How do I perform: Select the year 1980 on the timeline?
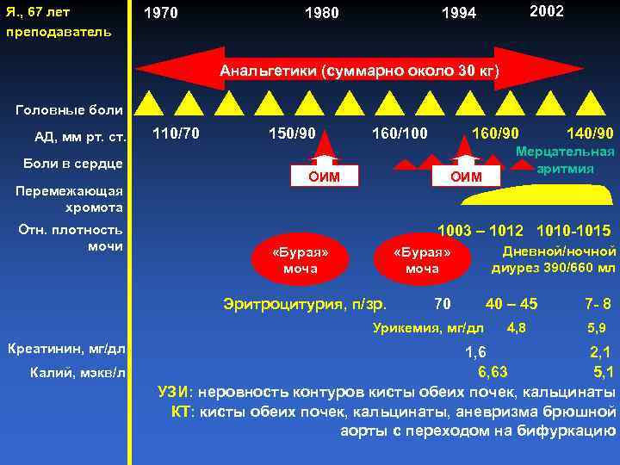(x=322, y=13)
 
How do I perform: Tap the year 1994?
(x=458, y=13)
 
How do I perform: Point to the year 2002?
(x=547, y=11)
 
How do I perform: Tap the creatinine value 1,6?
(x=475, y=351)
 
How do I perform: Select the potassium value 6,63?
(x=493, y=372)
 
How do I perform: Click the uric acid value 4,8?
(x=516, y=327)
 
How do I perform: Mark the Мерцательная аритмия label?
(x=565, y=159)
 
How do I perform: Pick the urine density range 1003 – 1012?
(x=480, y=231)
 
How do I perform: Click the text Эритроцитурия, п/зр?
(x=305, y=303)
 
